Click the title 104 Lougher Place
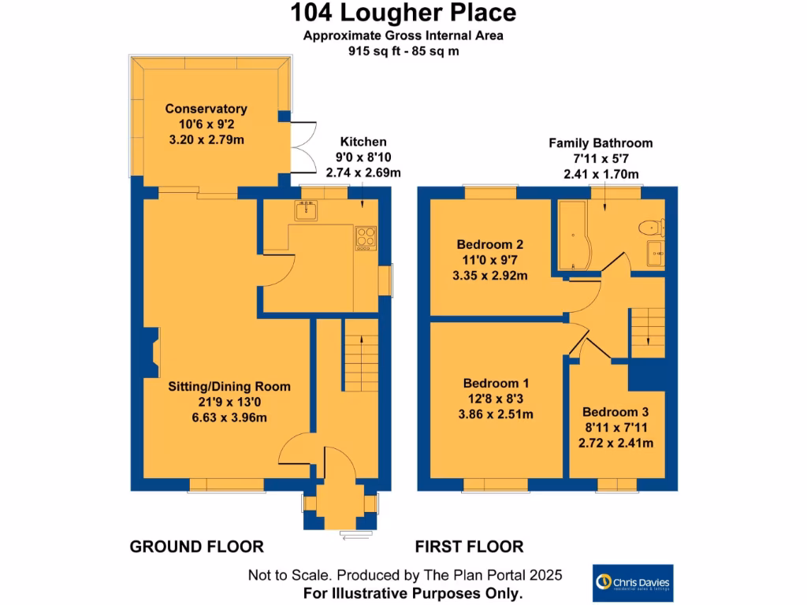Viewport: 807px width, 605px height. point(403,13)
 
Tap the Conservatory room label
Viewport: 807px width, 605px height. point(206,109)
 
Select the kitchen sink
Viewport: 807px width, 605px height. point(306,210)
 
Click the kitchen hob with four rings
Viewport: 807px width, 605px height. point(366,238)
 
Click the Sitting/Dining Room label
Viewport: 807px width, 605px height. point(229,387)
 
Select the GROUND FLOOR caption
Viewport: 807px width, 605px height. point(196,547)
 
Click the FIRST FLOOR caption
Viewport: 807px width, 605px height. point(469,547)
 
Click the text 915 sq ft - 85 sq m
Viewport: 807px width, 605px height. point(403,50)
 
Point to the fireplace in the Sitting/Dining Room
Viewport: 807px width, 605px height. point(151,351)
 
